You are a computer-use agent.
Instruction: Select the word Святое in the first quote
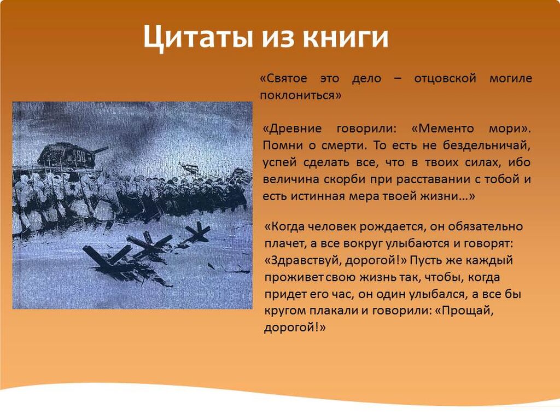pos(287,79)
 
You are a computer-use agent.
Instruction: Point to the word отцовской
pos(445,79)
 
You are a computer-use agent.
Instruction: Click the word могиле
pos(511,79)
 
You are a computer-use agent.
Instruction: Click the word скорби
pos(345,179)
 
